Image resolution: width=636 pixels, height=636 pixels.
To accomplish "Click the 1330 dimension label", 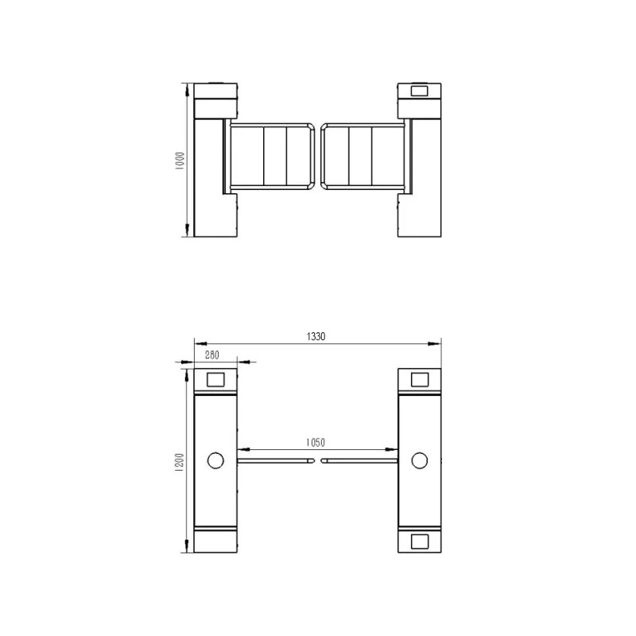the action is point(316,336).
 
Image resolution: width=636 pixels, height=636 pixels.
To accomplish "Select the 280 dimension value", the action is point(212,355).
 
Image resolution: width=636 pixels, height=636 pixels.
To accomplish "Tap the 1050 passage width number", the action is point(316,442).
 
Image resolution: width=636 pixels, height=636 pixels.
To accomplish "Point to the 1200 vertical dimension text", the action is point(180,462).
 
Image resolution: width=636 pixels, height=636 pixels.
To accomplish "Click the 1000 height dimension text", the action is point(180,161).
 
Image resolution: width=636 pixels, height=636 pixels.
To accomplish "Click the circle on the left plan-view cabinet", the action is point(215,460).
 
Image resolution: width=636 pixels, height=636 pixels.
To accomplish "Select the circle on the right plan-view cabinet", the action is point(420,460).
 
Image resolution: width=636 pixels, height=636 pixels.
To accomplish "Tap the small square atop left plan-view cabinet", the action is point(215,380).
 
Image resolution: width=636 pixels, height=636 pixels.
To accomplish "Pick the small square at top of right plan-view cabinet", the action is point(420,380).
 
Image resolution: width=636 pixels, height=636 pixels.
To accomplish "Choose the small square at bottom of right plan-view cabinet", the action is point(420,541).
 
